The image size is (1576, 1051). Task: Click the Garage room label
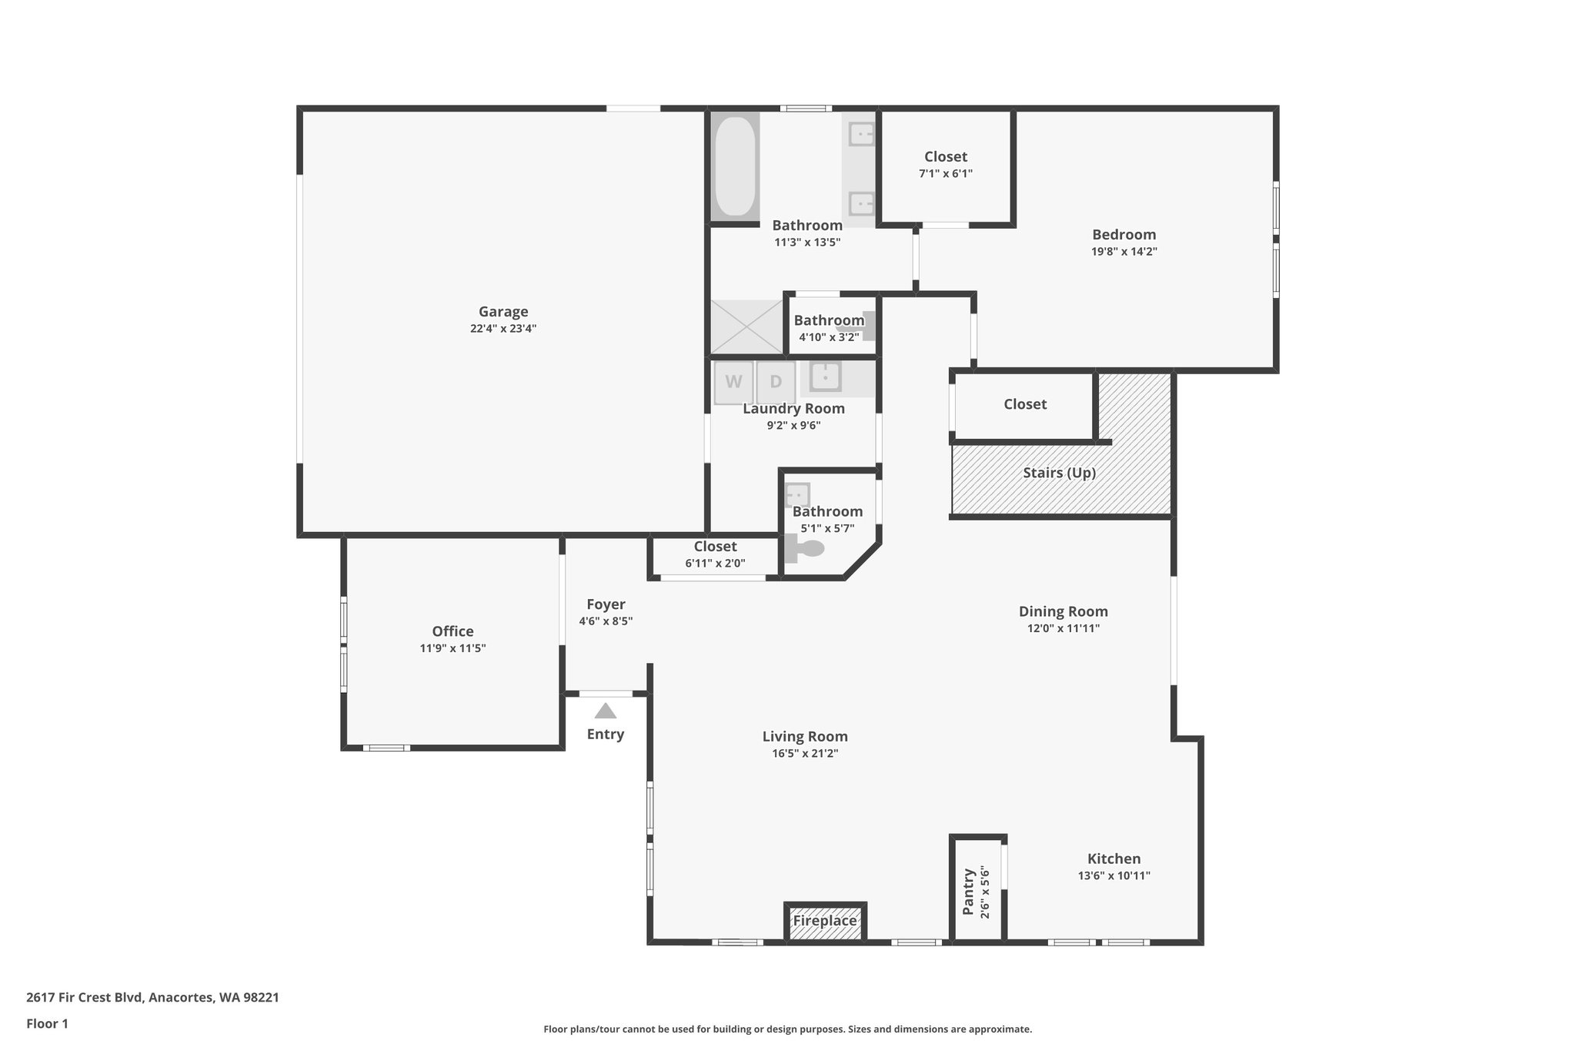tap(503, 312)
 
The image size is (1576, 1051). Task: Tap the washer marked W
tap(733, 382)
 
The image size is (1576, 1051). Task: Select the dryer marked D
tap(776, 382)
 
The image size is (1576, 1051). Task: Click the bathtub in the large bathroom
tap(735, 166)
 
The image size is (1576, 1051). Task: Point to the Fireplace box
tap(825, 921)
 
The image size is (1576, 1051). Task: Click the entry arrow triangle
tap(606, 711)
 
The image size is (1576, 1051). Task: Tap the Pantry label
tap(969, 892)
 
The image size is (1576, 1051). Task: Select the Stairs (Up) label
tap(1059, 473)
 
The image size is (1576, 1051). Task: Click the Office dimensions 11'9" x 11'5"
tap(452, 648)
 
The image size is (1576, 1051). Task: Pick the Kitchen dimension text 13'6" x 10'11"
tap(1114, 875)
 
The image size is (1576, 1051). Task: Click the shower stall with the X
tap(746, 327)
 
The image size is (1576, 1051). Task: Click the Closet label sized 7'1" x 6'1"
tap(946, 157)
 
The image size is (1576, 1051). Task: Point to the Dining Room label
tap(1063, 611)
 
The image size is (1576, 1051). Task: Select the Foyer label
tap(606, 604)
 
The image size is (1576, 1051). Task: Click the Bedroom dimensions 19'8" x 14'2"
tap(1124, 252)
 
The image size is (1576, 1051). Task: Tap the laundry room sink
tap(825, 377)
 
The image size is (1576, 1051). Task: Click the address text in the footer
tap(152, 997)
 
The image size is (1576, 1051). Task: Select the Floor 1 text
tap(47, 1023)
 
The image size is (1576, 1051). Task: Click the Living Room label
tap(805, 736)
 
